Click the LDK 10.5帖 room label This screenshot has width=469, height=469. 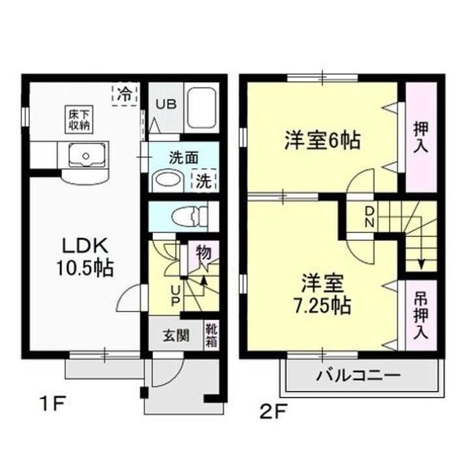tap(88, 257)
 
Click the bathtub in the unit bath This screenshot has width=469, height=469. tap(201, 107)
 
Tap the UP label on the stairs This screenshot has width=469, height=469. tap(175, 294)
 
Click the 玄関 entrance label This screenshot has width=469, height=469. tap(176, 336)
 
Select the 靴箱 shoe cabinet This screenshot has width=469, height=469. tap(212, 335)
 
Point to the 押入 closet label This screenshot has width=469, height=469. tap(420, 136)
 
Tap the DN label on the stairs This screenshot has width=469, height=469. tap(369, 216)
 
